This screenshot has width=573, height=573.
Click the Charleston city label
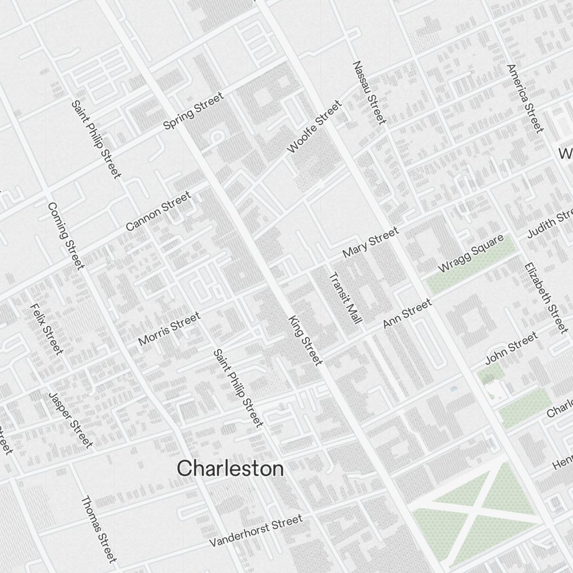coord(230,469)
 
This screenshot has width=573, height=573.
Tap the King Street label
coord(305,339)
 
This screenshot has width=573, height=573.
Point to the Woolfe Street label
coord(314,127)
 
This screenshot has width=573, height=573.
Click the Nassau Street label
coord(370,92)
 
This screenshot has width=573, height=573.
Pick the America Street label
coord(525,98)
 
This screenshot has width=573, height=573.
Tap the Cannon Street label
coord(158,211)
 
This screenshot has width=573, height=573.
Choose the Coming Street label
coord(66,235)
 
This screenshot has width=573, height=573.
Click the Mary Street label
coord(370,242)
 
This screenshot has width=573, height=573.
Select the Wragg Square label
coord(471,253)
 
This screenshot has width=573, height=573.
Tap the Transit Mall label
coord(345,299)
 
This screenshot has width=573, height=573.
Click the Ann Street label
coord(407,313)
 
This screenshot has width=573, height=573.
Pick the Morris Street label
coord(170,329)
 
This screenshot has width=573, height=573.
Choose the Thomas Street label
coord(99,528)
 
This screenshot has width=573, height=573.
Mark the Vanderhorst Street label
coord(256,531)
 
